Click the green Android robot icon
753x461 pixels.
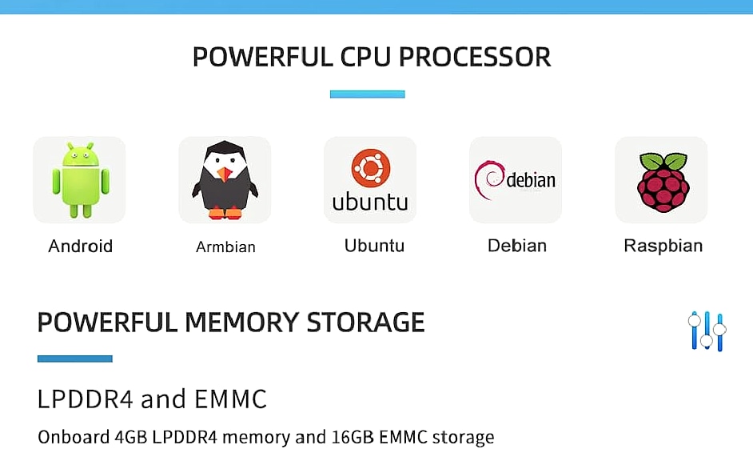[x=80, y=180]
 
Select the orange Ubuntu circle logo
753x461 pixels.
[x=371, y=168]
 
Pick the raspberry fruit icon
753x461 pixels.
[x=663, y=182]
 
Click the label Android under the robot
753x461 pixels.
[x=80, y=247]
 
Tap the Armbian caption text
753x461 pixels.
[x=225, y=247]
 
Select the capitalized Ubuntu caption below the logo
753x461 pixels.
[x=374, y=246]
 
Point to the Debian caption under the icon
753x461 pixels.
[x=516, y=246]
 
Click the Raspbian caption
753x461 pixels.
[x=663, y=246]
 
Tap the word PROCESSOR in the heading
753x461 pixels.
[x=475, y=57]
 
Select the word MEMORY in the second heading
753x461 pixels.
[x=241, y=322]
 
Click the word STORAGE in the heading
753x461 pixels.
[x=365, y=322]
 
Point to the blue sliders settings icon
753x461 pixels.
[x=707, y=331]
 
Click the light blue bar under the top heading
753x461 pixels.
[x=368, y=94]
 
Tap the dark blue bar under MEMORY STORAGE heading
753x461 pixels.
[x=75, y=359]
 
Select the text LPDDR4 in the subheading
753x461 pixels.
[x=85, y=399]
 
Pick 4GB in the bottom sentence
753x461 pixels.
[x=130, y=438]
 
